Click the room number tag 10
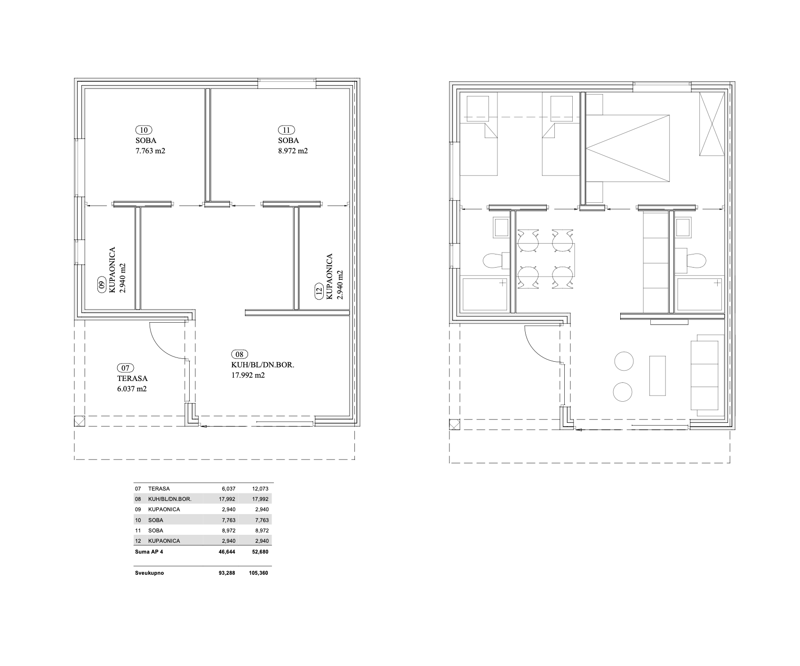click(144, 130)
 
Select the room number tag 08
click(240, 354)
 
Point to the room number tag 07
click(125, 368)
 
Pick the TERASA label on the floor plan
click(132, 379)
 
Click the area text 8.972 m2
click(293, 151)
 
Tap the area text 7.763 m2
click(150, 151)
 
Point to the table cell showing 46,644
click(227, 552)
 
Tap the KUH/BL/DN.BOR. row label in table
click(169, 499)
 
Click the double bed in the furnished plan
click(627, 148)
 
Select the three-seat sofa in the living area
click(707, 375)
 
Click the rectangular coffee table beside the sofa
click(658, 376)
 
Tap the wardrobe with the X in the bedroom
click(711, 124)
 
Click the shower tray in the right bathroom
click(700, 294)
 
